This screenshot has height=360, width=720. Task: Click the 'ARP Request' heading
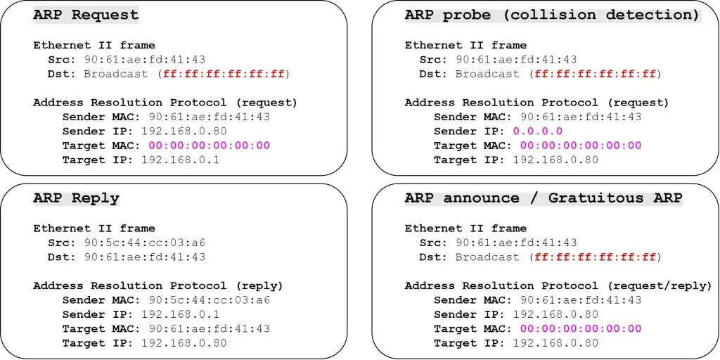(86, 15)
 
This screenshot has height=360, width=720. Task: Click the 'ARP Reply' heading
(76, 198)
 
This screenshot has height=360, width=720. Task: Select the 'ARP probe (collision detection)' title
(552, 15)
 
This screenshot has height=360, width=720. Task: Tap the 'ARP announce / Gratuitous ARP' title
(544, 198)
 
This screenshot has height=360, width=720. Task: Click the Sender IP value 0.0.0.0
(538, 131)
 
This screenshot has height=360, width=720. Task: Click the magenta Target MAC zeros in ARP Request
(209, 146)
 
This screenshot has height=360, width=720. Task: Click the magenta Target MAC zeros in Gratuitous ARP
(581, 328)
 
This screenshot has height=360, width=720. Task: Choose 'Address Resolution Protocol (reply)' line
(157, 285)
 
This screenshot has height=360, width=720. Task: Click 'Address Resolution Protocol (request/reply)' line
(558, 285)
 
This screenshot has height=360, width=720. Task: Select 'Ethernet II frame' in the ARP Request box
(94, 45)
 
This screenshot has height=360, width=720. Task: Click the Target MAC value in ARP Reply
(209, 328)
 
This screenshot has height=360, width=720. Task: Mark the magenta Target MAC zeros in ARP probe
(581, 146)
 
